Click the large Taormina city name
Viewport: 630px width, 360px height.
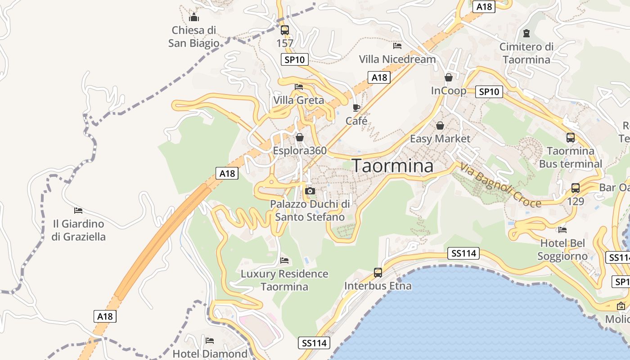coord(392,166)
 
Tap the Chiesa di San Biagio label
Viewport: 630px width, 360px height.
coord(194,37)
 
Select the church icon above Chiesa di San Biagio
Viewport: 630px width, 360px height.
coord(194,18)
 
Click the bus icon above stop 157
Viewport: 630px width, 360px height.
coord(284,30)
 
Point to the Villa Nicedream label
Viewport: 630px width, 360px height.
coord(397,59)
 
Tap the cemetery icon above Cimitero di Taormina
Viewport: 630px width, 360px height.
coord(526,33)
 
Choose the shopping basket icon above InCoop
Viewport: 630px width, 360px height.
coord(448,77)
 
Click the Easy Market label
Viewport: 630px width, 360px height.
coord(440,139)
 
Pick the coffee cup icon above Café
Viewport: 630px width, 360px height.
coord(356,108)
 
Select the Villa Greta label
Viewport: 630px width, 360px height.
coord(298,100)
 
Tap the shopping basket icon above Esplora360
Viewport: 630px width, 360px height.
coord(299,137)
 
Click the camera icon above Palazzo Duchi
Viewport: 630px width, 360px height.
coord(310,191)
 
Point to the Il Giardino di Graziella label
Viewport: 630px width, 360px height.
coord(78,230)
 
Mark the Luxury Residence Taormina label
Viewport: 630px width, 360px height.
coord(284,280)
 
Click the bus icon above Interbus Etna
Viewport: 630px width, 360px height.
coord(378,273)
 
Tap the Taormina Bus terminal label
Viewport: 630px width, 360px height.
coord(571,157)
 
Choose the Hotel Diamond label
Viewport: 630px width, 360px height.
coord(210,354)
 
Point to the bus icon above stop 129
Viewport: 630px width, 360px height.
coord(575,188)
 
